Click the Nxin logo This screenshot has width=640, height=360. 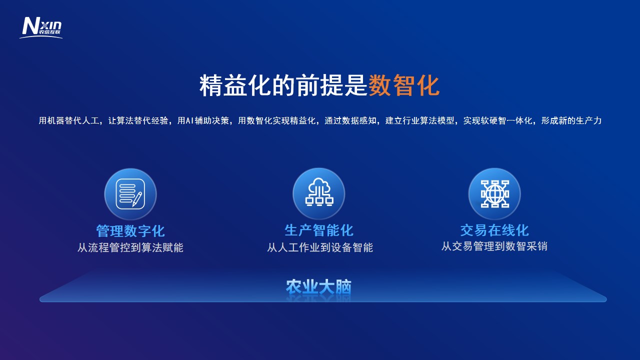[x=41, y=27]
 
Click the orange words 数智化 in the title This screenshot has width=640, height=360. [x=404, y=85]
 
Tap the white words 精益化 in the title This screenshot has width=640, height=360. [x=235, y=85]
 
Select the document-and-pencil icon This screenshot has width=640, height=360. [x=130, y=194]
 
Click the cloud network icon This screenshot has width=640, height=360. [x=319, y=192]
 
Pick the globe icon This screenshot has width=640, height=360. [x=494, y=193]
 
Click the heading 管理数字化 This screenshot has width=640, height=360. [x=130, y=231]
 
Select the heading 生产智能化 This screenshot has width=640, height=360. [x=319, y=230]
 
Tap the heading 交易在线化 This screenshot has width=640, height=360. [x=494, y=230]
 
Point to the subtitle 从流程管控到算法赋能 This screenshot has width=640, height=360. [x=130, y=247]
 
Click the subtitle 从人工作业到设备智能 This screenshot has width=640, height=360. [x=320, y=247]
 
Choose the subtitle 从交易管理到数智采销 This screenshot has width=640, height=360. [x=494, y=246]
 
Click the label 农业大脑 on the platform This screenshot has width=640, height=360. [x=318, y=287]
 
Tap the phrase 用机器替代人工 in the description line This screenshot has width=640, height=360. [x=69, y=120]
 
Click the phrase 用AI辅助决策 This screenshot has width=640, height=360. [x=203, y=120]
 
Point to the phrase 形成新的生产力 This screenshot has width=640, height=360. [x=571, y=120]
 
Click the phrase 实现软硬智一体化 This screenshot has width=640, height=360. [x=497, y=120]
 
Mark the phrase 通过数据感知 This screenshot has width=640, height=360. [x=350, y=120]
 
